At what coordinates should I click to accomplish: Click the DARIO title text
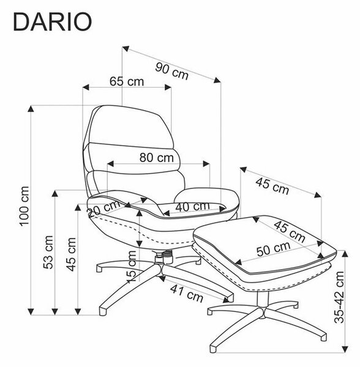(x=53, y=22)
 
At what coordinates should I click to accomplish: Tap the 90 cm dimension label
(x=171, y=71)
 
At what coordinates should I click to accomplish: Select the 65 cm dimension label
(x=127, y=81)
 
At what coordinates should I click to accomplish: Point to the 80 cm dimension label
(x=157, y=158)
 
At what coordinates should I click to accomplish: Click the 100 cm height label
(x=24, y=206)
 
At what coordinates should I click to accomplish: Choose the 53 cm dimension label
(x=48, y=252)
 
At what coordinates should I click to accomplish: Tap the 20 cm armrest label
(x=104, y=208)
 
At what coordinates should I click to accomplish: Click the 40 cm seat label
(x=192, y=207)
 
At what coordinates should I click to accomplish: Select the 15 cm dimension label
(x=131, y=266)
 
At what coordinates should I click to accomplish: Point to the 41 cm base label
(x=187, y=293)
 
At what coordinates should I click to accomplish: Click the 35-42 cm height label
(x=339, y=297)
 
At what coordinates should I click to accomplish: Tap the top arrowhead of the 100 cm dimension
(x=31, y=109)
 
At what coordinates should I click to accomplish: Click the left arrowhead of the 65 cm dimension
(x=86, y=87)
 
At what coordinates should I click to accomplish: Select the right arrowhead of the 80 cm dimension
(x=206, y=164)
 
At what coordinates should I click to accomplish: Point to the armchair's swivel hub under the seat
(x=164, y=257)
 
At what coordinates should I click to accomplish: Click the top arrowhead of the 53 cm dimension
(x=55, y=193)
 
